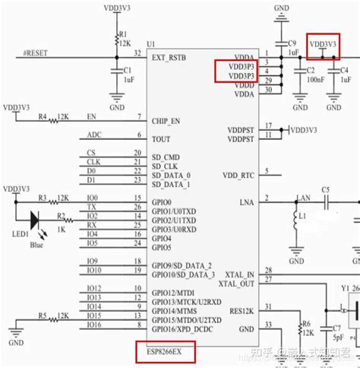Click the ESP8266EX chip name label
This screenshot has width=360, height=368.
click(x=164, y=352)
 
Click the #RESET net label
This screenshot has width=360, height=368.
click(x=37, y=54)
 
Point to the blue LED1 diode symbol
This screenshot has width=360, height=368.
click(x=33, y=219)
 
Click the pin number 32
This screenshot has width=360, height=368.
click(x=137, y=53)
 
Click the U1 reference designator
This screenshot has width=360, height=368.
click(x=151, y=43)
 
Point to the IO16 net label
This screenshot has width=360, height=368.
click(x=93, y=325)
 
